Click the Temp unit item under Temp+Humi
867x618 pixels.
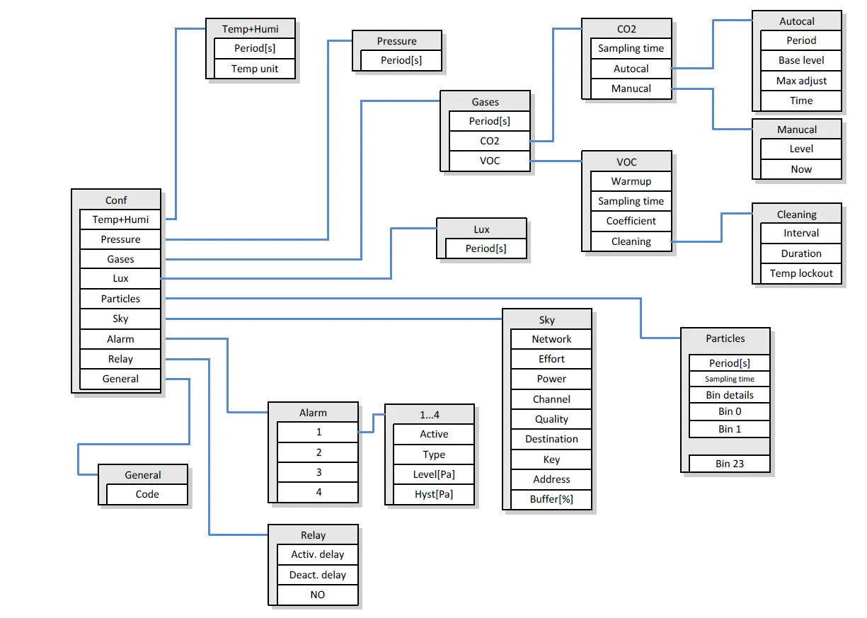(255, 69)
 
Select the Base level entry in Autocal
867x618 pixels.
(801, 60)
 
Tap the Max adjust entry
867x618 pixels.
(801, 81)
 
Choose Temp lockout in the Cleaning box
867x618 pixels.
(801, 273)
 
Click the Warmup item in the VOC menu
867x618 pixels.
(631, 181)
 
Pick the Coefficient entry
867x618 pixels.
(631, 221)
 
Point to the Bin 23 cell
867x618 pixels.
(730, 464)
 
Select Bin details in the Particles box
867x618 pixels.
(730, 395)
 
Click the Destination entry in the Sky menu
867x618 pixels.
(551, 439)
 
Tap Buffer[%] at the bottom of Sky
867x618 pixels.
(551, 499)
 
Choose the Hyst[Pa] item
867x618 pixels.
(434, 494)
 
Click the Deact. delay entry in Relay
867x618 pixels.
(318, 575)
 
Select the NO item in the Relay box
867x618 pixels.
(318, 595)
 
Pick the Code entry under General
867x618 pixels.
(147, 494)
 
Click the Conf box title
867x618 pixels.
(116, 200)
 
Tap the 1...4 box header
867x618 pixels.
(430, 414)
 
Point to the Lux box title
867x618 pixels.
(481, 229)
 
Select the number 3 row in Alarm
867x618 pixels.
(318, 472)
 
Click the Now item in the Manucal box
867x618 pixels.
(801, 169)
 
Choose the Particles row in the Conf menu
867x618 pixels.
(120, 299)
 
